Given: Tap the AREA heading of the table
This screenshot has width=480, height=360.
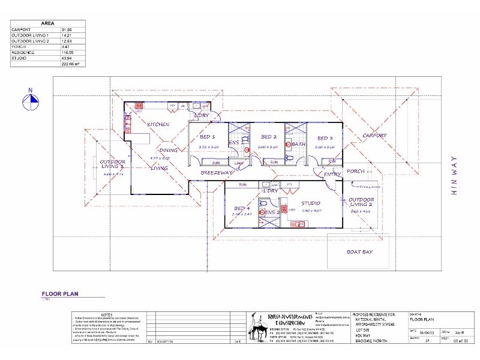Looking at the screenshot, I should click(47, 23).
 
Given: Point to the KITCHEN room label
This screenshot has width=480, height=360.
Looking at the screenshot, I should click(158, 124).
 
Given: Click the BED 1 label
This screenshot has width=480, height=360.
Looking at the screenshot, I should click(207, 137).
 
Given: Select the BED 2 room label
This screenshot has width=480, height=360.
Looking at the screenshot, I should click(267, 137).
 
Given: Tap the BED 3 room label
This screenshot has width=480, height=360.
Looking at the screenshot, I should click(325, 137).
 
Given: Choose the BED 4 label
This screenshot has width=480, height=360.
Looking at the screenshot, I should click(242, 208).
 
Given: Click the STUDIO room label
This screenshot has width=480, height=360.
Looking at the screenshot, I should click(311, 203).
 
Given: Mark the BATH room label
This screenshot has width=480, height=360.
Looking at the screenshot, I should click(298, 144).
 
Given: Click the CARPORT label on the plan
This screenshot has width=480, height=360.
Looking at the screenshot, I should click(374, 136).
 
